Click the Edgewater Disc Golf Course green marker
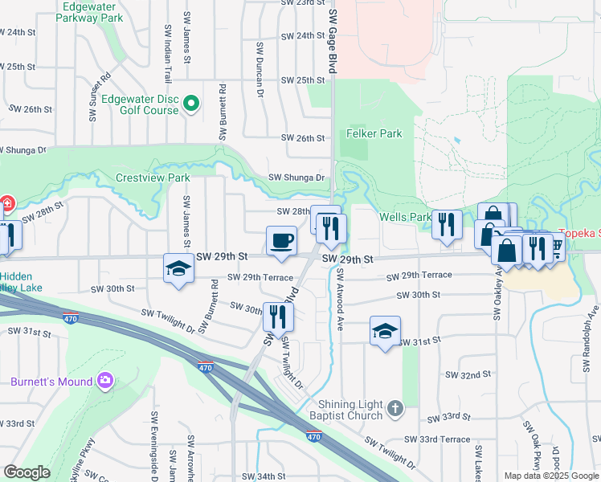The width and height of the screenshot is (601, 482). [x=191, y=104]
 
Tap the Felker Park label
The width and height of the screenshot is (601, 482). [x=374, y=133]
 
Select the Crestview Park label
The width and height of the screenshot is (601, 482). [x=152, y=178]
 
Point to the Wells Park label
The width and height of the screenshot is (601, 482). [x=406, y=217]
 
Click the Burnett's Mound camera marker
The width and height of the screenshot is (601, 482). [x=104, y=379]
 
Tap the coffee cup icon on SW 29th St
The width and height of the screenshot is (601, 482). [x=281, y=240]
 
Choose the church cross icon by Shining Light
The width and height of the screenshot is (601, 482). [x=394, y=409]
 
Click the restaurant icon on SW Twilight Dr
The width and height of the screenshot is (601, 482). [x=278, y=316]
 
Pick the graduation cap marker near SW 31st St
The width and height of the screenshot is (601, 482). [x=385, y=331]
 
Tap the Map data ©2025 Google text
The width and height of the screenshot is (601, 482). [x=552, y=476]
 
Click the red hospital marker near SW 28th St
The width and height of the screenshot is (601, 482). [x=6, y=204]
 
